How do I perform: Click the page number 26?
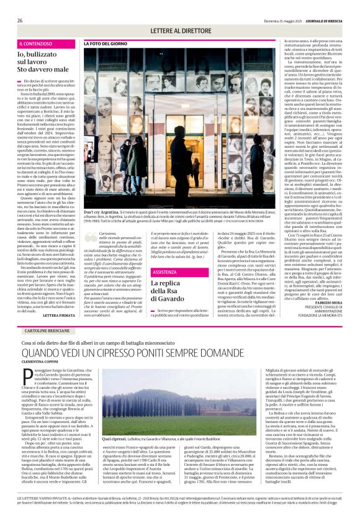20,20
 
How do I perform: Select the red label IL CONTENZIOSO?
38,44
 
